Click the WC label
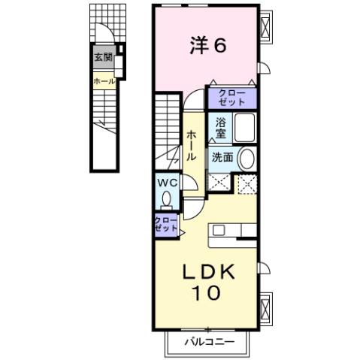[x=166, y=183]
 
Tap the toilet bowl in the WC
[x=166, y=198]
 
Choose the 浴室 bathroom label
[x=221, y=127]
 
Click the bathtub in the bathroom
[x=245, y=128]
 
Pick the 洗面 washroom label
[x=221, y=158]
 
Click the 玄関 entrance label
[x=103, y=57]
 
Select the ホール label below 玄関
[x=103, y=81]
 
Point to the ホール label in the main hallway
[x=192, y=145]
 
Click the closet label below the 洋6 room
[x=232, y=97]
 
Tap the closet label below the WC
[x=165, y=224]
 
